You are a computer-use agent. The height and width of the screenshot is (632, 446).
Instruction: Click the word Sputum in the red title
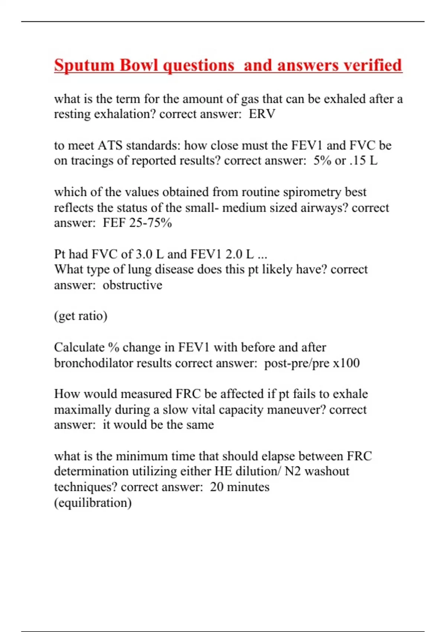[x=84, y=65]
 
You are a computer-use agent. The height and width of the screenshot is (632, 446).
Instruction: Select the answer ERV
[x=262, y=114]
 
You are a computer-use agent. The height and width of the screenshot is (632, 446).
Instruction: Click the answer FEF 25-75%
[x=137, y=223]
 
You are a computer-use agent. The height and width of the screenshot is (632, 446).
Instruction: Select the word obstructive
[x=132, y=285]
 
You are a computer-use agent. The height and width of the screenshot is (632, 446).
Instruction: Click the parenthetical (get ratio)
[x=81, y=316]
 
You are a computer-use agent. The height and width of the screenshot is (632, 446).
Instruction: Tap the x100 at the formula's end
[x=346, y=363]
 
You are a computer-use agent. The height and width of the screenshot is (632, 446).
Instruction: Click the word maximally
[x=83, y=410]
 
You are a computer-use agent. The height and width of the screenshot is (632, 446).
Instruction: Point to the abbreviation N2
[x=293, y=471]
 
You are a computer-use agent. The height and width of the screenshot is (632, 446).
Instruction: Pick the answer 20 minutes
[x=240, y=487]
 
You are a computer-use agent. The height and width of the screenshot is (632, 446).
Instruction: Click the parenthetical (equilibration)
[x=93, y=503]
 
